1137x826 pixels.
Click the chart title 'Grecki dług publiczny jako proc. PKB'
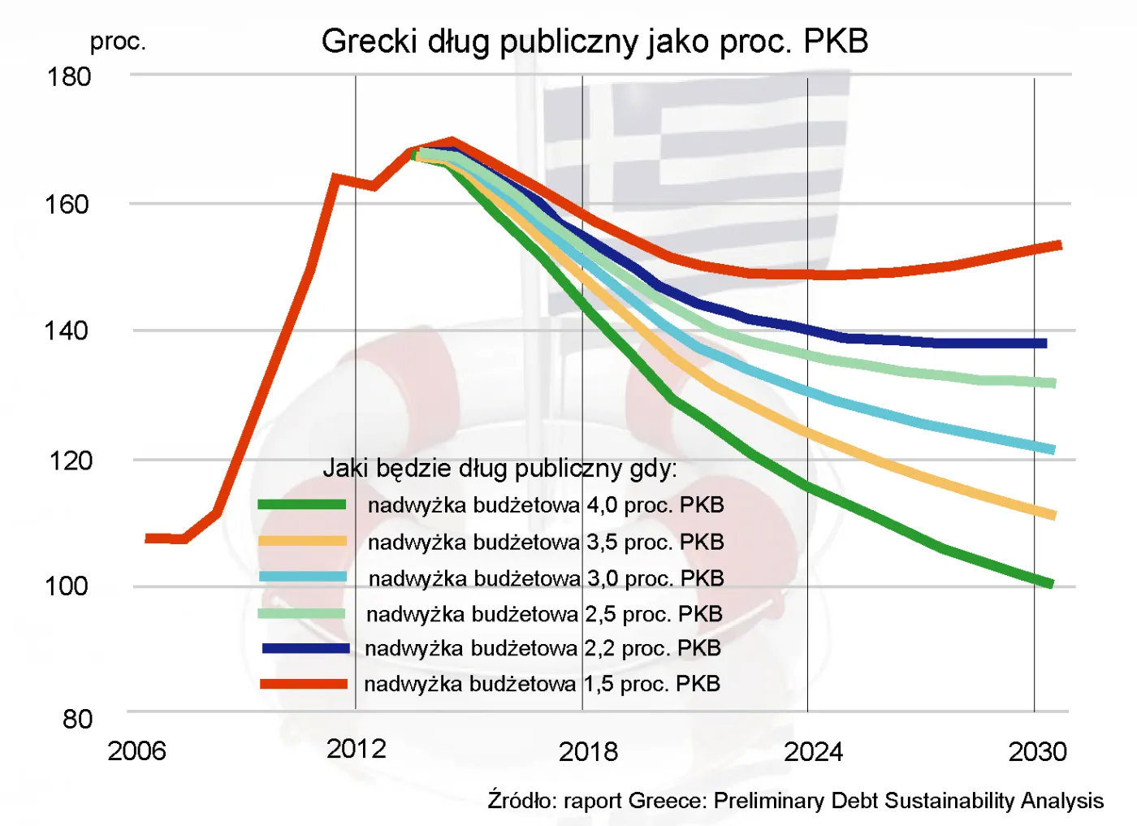click(x=594, y=41)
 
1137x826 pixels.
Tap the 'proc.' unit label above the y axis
click(x=118, y=41)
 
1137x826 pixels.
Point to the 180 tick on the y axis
click(x=69, y=77)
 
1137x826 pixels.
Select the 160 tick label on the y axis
click(x=67, y=204)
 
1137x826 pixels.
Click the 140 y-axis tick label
click(x=67, y=331)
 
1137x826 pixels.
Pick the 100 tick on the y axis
click(x=67, y=586)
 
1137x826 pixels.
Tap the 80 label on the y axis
click(x=77, y=719)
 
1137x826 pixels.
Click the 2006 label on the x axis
click(x=136, y=751)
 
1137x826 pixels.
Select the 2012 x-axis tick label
click(x=356, y=749)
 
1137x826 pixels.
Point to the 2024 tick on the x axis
click(x=813, y=751)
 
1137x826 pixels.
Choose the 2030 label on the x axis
click(x=1037, y=751)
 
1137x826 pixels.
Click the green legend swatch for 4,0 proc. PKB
click(x=302, y=504)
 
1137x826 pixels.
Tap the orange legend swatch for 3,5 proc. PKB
click(x=302, y=541)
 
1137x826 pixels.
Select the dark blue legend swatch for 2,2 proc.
click(x=305, y=648)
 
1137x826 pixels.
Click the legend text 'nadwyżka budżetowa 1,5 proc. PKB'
click(x=542, y=684)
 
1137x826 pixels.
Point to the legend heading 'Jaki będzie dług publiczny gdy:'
click(x=499, y=468)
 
